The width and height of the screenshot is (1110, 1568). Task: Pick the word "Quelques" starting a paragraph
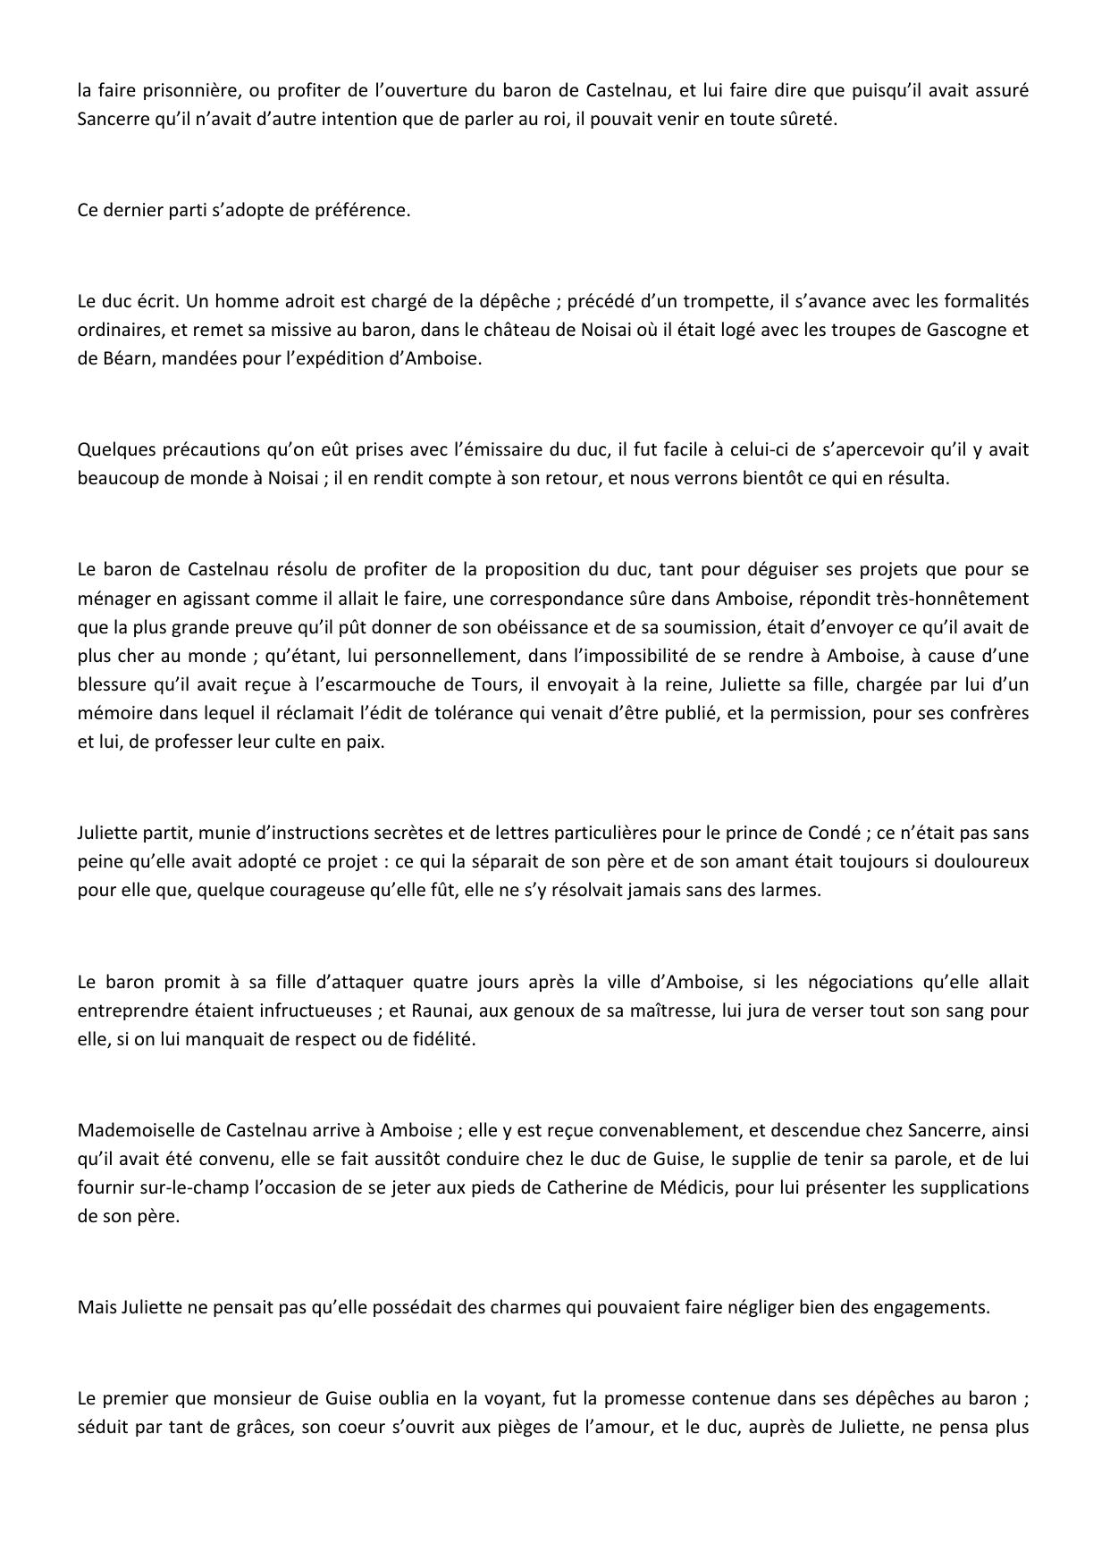[x=113, y=449]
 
